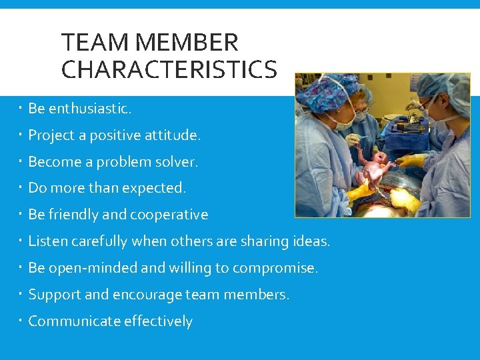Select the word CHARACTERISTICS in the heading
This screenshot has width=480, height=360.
pos(169,69)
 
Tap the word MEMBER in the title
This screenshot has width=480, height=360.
pos(186,43)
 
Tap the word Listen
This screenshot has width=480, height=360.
pos(47,241)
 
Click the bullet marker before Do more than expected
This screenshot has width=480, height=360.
pos(21,187)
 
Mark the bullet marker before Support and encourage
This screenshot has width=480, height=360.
pos(21,294)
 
